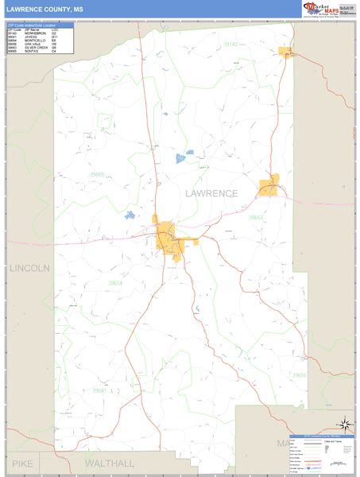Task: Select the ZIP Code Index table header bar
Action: pyautogui.click(x=40, y=25)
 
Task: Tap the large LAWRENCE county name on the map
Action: pyautogui.click(x=211, y=193)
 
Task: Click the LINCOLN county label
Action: pyautogui.click(x=29, y=269)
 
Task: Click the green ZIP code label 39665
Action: pyautogui.click(x=97, y=174)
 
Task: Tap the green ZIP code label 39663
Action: pyautogui.click(x=255, y=217)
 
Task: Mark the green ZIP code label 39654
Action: pyautogui.click(x=116, y=284)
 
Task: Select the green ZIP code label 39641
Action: pyautogui.click(x=99, y=390)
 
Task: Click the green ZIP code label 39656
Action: pyautogui.click(x=299, y=374)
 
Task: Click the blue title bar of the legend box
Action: pyautogui.click(x=322, y=436)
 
